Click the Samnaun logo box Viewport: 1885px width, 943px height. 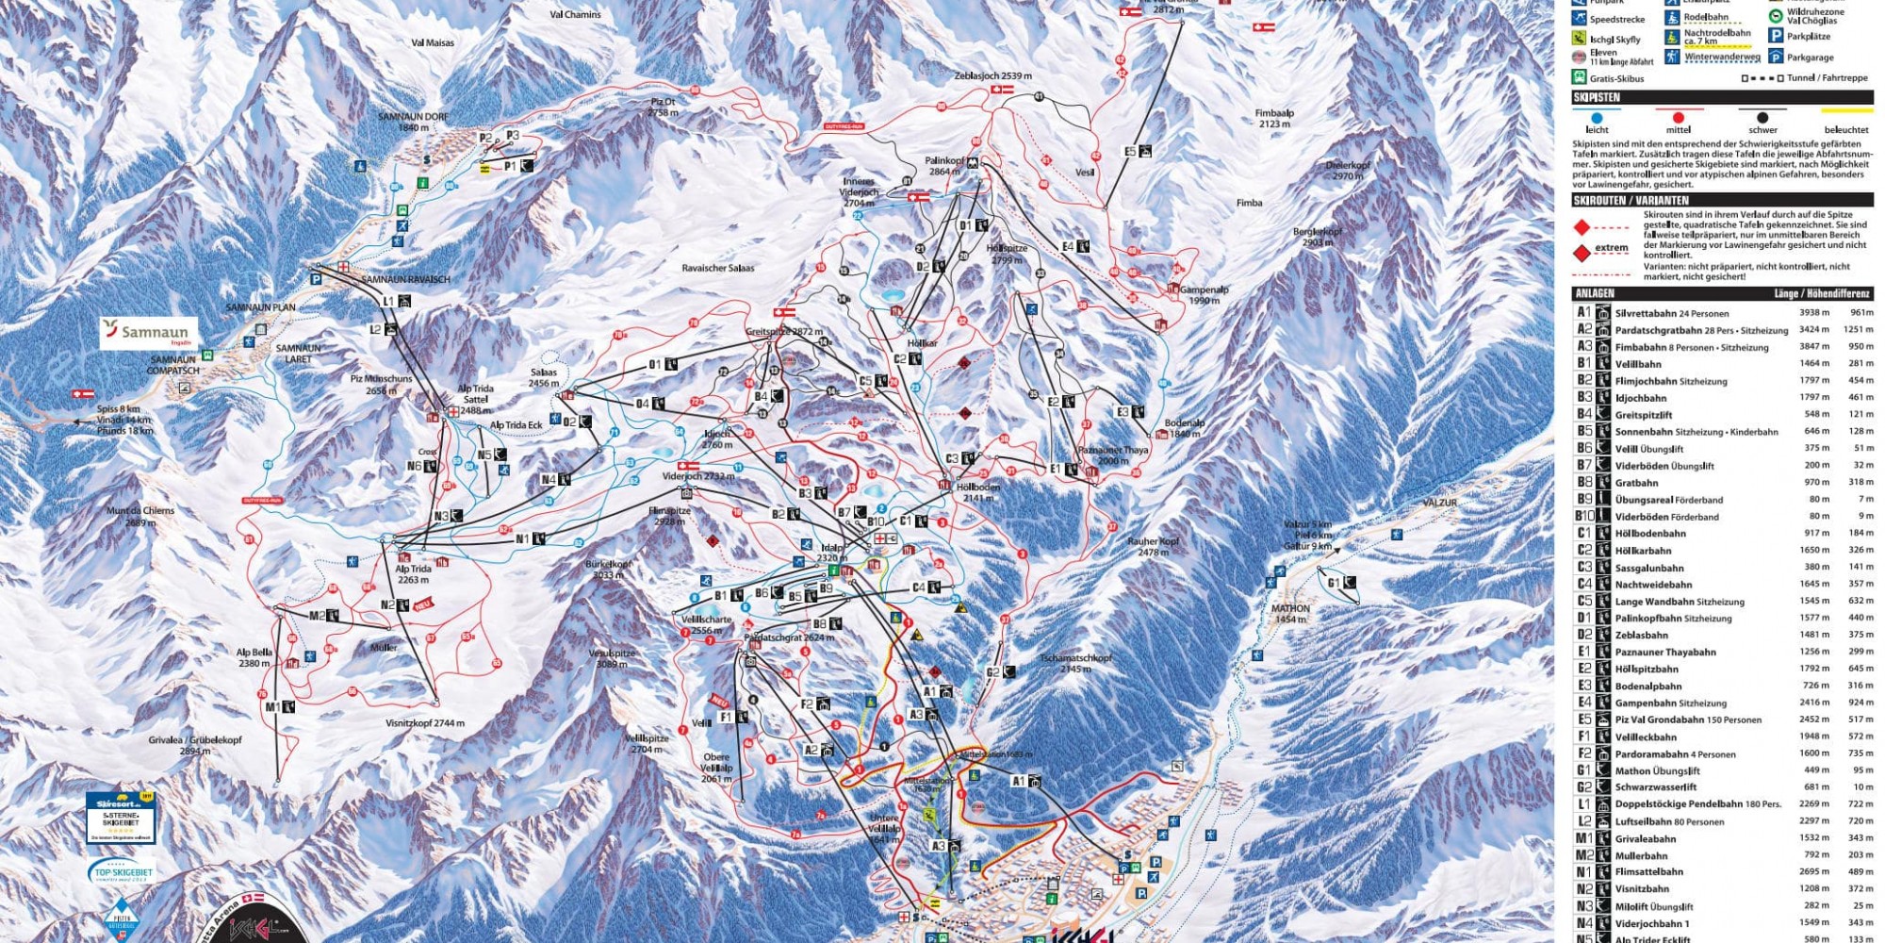click(x=149, y=333)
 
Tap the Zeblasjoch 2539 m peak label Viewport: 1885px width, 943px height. click(x=992, y=76)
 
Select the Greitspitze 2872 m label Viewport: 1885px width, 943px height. click(x=784, y=332)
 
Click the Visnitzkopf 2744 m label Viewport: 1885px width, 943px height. click(x=425, y=723)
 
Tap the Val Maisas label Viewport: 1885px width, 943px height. click(x=433, y=42)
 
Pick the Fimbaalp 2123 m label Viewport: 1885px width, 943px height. click(x=1274, y=118)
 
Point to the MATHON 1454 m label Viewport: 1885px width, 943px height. click(x=1290, y=614)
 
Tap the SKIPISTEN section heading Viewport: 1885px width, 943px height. click(x=1597, y=97)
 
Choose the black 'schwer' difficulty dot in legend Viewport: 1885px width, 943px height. click(x=1762, y=118)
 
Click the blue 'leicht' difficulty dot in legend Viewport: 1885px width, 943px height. click(x=1597, y=118)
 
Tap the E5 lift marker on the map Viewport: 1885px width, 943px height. click(x=1137, y=151)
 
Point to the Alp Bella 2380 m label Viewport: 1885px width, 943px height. click(x=254, y=657)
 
